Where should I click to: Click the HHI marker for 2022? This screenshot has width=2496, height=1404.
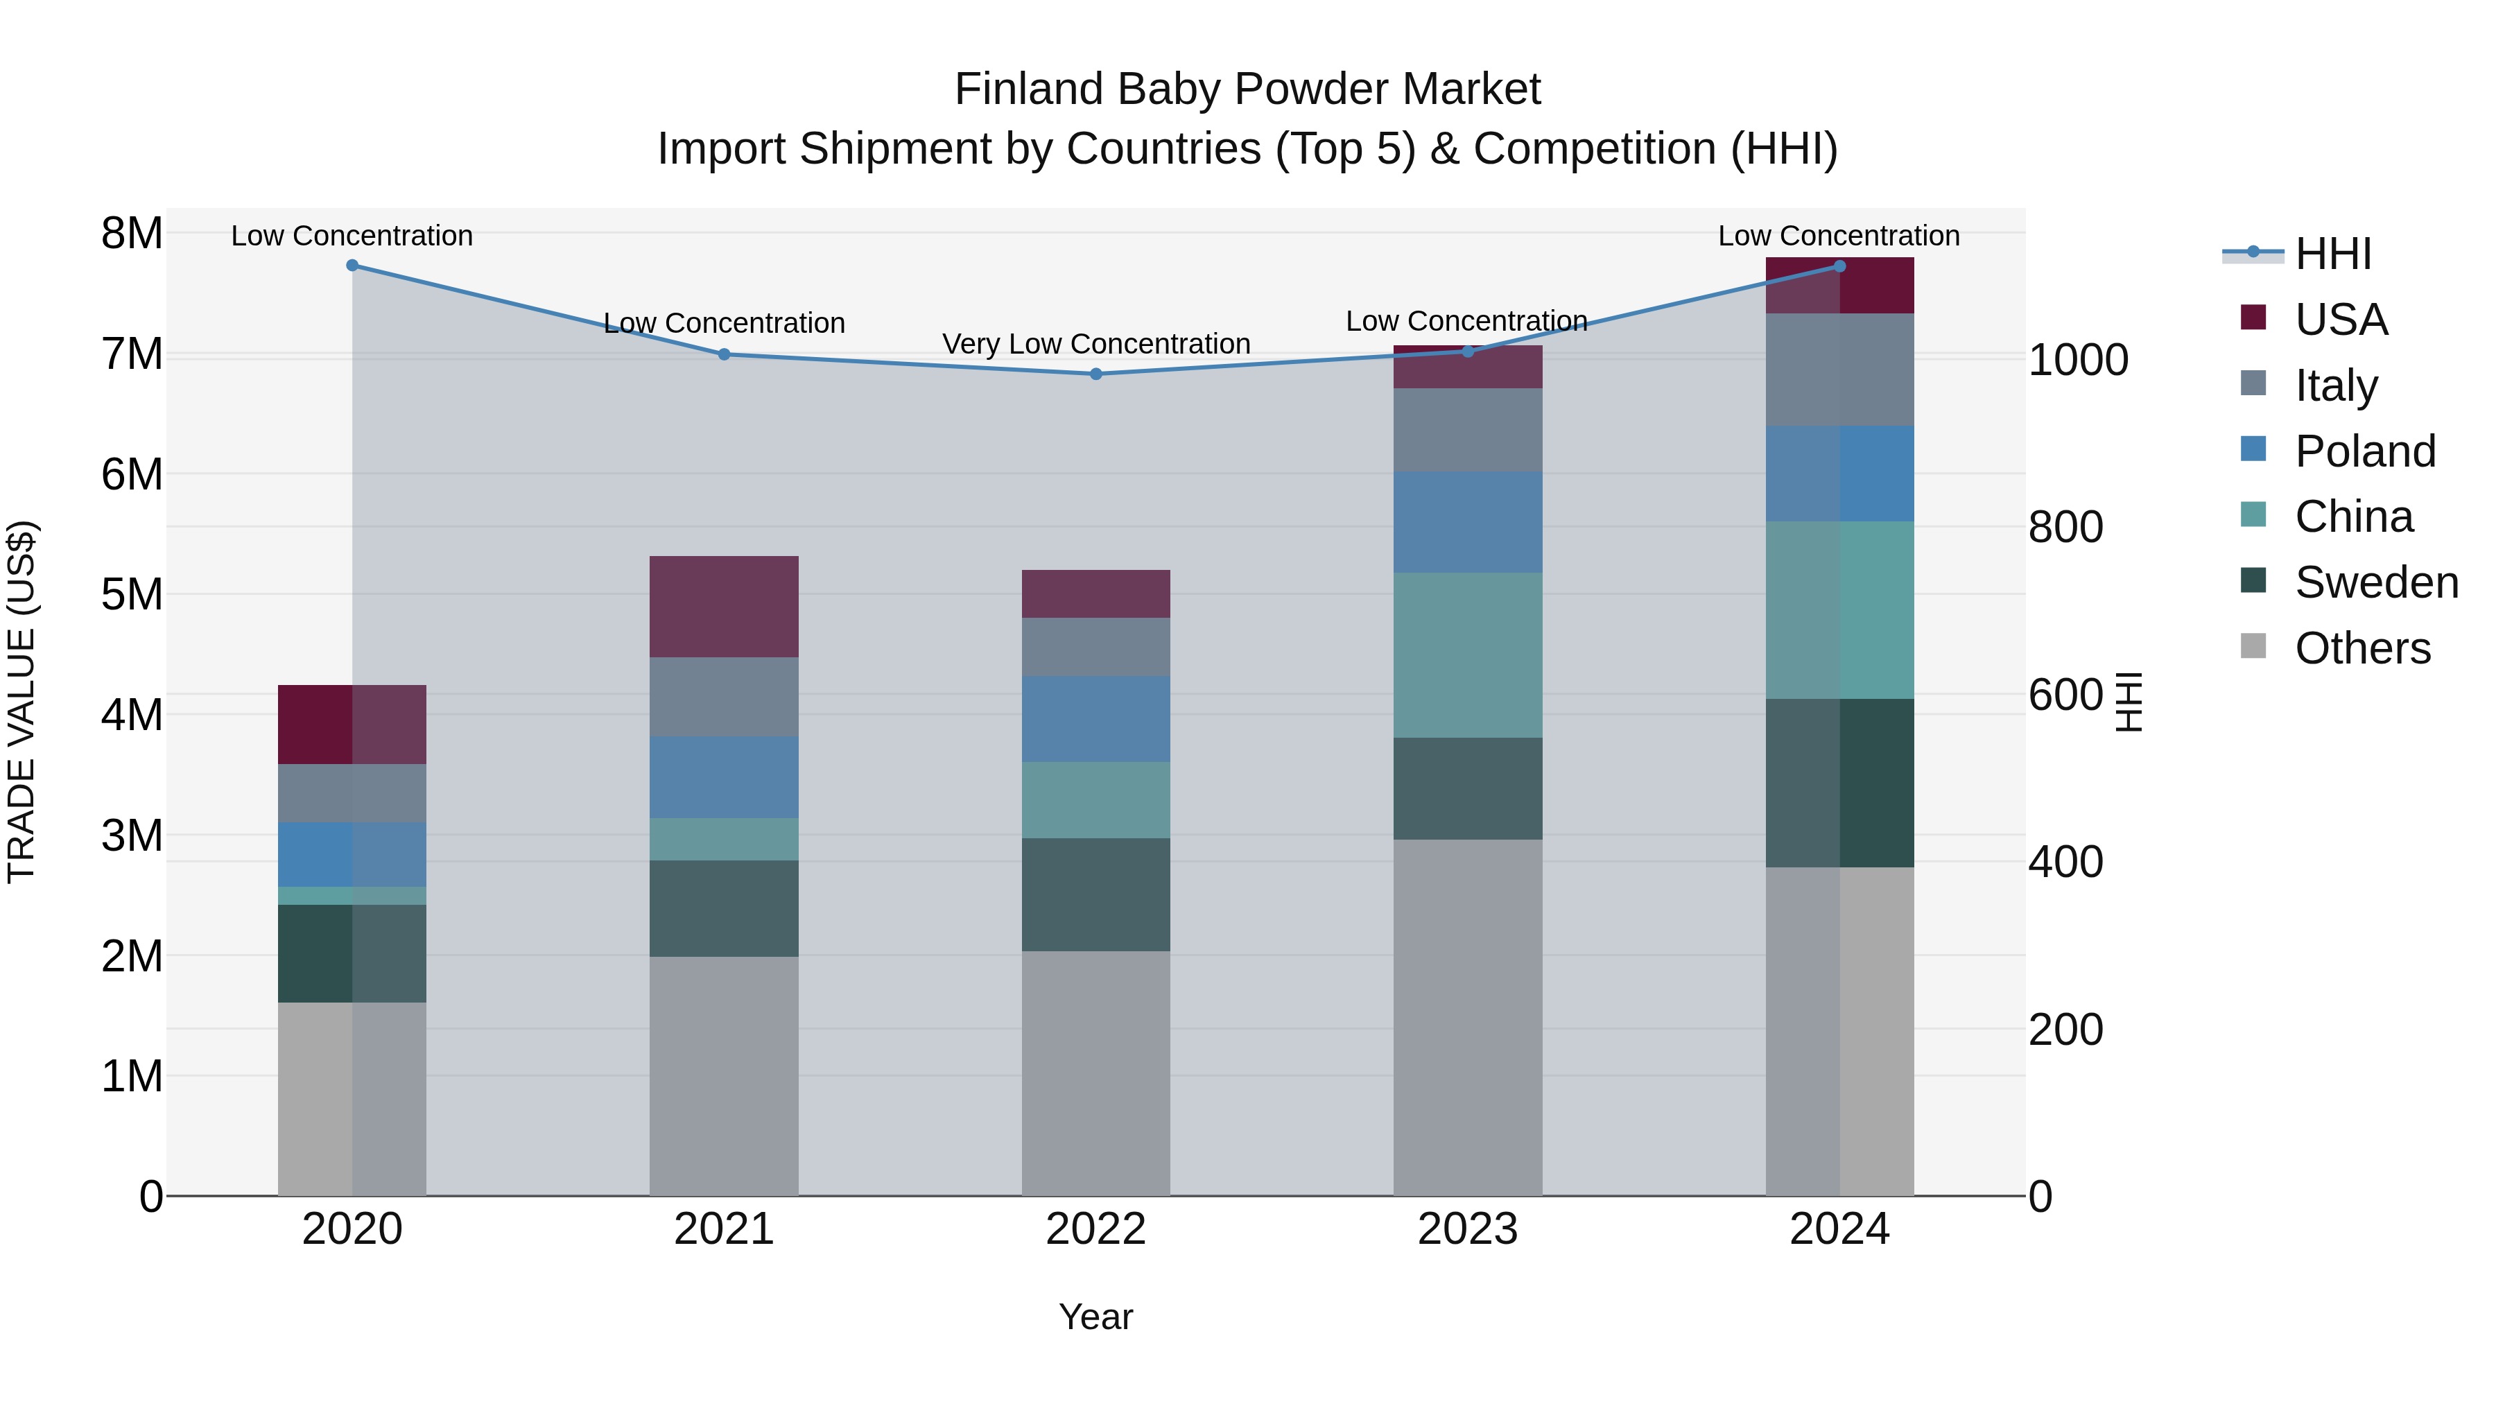click(1096, 374)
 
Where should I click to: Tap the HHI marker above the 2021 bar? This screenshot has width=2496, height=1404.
click(724, 354)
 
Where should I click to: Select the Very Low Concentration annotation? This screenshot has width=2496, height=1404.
click(1096, 344)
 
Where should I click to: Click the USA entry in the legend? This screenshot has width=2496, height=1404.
click(2340, 319)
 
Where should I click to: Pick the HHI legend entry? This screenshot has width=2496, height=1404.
click(2332, 254)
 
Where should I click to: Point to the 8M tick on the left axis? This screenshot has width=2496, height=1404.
click(132, 234)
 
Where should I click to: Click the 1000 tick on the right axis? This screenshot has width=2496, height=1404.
click(2079, 361)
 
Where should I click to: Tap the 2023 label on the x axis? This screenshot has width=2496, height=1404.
click(1467, 1229)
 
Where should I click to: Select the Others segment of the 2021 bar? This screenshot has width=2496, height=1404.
click(724, 1075)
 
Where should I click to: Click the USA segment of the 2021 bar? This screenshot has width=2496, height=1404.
click(724, 607)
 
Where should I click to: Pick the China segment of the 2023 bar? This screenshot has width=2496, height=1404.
click(1467, 655)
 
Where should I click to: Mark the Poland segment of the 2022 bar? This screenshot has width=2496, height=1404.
click(1096, 719)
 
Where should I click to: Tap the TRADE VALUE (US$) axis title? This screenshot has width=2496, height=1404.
click(21, 702)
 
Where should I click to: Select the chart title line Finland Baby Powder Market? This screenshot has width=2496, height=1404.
click(1247, 89)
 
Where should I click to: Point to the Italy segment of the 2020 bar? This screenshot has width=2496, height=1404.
click(352, 794)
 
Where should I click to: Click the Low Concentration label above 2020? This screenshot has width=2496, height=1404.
click(352, 236)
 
